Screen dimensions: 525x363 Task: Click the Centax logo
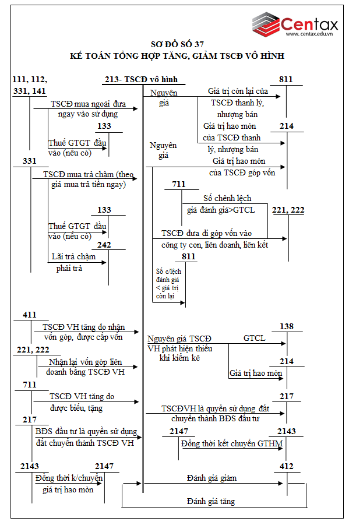[294, 24]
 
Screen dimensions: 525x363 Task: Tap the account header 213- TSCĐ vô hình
[140, 79]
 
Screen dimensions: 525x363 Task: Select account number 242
[105, 245]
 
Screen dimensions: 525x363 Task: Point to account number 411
[30, 315]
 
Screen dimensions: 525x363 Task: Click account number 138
[287, 327]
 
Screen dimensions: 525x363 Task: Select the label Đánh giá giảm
[212, 478]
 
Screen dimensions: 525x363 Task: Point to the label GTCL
[254, 338]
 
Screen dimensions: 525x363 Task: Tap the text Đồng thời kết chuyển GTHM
[232, 443]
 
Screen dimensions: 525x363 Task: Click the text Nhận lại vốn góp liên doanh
[87, 367]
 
